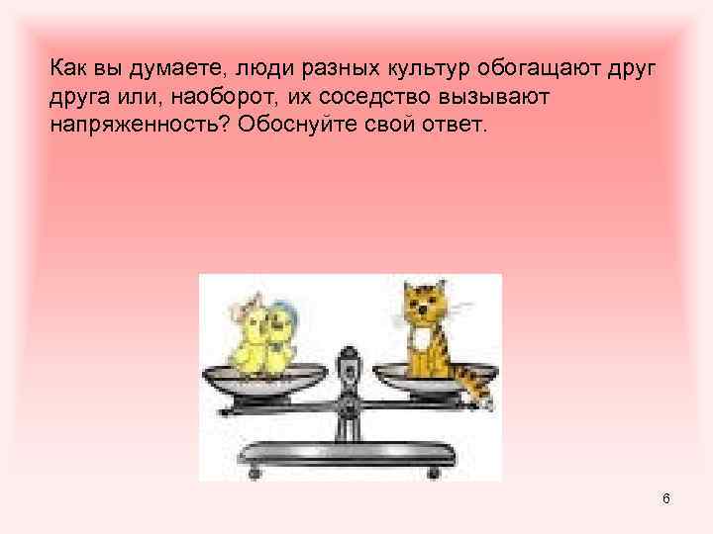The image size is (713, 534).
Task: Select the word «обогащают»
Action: [x=539, y=70]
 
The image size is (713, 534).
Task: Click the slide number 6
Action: [x=666, y=498]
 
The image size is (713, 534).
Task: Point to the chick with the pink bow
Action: [x=248, y=336]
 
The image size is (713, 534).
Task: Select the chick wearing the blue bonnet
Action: [x=281, y=336]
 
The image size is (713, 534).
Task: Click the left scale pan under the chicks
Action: [x=264, y=380]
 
